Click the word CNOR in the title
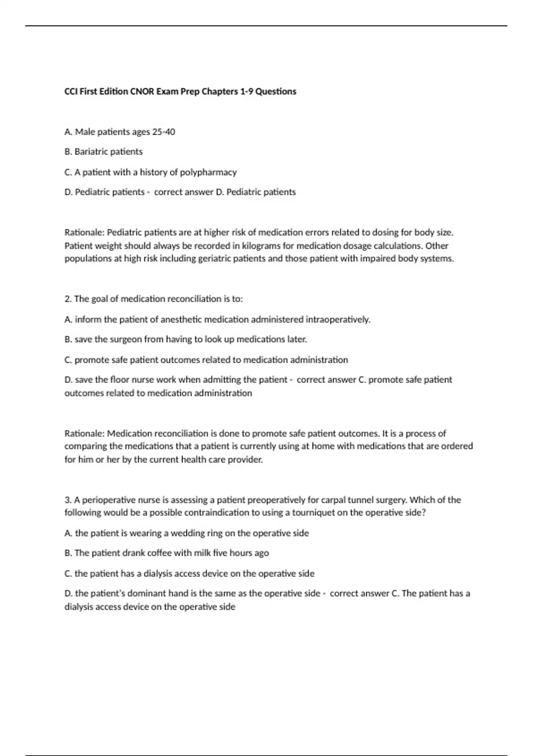[142, 92]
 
